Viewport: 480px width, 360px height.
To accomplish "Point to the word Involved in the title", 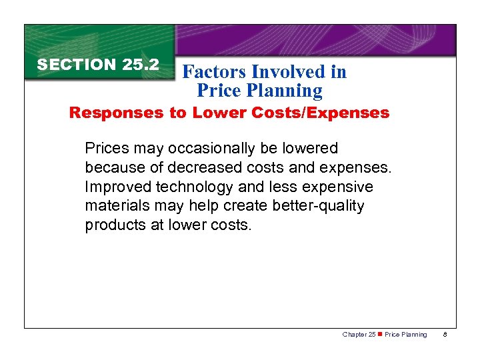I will point(289,71).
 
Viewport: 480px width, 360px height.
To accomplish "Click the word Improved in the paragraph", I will point(113,187).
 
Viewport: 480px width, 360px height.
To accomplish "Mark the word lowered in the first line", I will point(311,148).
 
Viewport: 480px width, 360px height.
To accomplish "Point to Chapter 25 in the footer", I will point(358,335).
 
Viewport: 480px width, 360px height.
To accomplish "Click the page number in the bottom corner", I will point(445,335).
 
